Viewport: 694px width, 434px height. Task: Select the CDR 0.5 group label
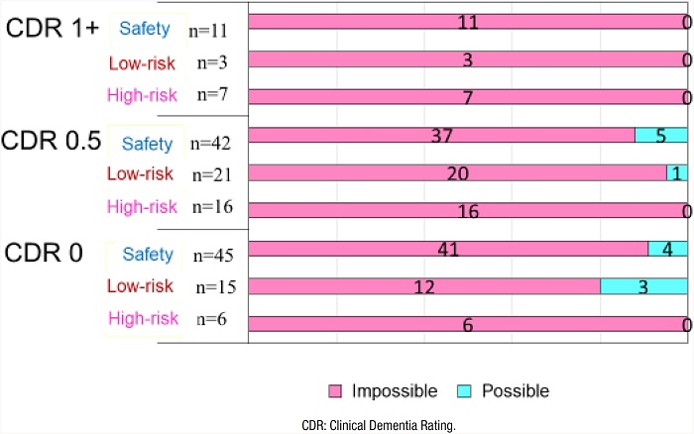52,141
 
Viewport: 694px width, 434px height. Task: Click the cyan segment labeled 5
660,136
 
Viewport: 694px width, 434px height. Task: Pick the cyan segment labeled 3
643,286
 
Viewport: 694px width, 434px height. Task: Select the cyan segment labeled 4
667,249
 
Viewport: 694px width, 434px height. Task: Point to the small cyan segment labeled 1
677,173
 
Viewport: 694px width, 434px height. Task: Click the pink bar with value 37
441,136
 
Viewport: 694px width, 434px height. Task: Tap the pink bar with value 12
424,286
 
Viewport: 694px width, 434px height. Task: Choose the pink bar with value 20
457,173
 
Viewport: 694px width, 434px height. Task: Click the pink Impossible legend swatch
335,391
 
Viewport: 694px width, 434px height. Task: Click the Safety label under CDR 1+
146,30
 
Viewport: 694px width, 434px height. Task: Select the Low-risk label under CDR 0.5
143,174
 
